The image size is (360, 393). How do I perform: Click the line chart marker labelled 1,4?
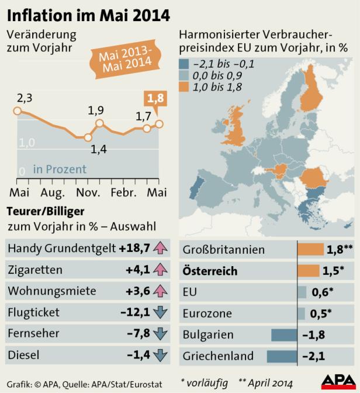[88, 138]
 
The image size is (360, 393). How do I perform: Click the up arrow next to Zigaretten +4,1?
[159, 270]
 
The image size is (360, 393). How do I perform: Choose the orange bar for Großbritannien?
[310, 250]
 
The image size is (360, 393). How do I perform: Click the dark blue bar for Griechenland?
[282, 356]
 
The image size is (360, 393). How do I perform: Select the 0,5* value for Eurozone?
[317, 313]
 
